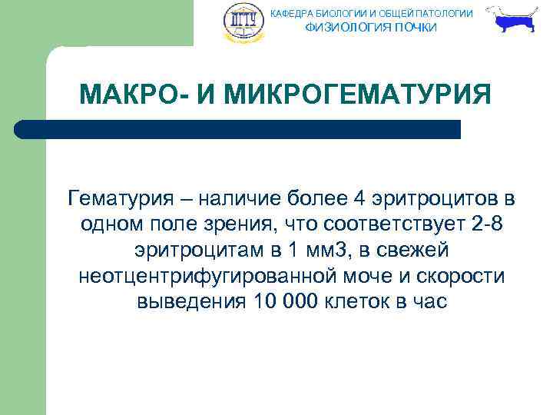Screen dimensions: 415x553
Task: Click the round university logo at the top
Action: pos(243,23)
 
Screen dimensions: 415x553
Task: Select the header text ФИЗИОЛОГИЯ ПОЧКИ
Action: pos(371,28)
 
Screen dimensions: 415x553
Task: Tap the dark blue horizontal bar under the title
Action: pos(238,129)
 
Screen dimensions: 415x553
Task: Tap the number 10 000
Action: pos(282,301)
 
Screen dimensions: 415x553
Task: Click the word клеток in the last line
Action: pos(356,301)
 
